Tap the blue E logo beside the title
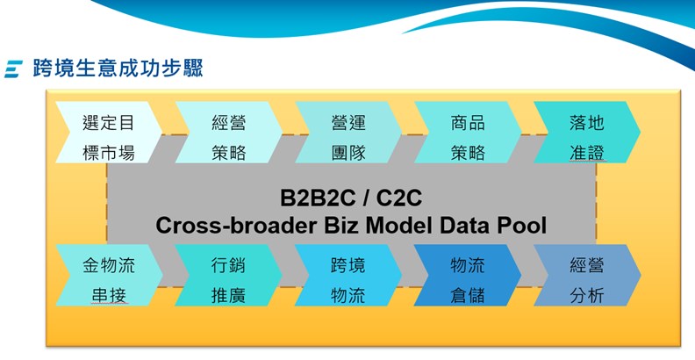coord(12,68)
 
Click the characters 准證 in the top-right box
coord(586,153)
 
